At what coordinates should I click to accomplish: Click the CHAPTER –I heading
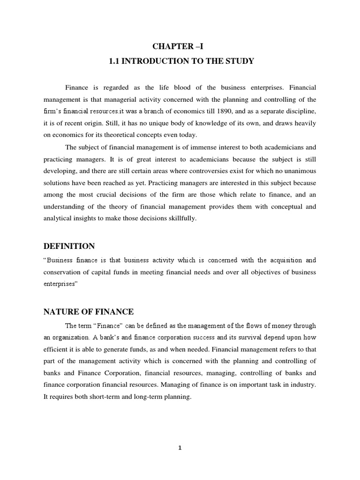[x=180, y=45]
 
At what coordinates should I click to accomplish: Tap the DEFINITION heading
[x=69, y=246]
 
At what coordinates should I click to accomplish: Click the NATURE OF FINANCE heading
[x=89, y=312]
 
